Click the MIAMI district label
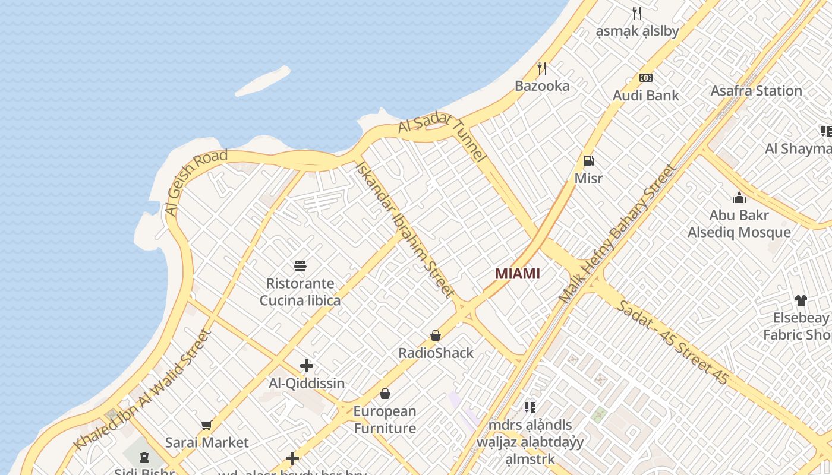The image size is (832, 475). [x=518, y=274]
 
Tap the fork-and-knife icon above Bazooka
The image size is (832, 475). [x=541, y=68]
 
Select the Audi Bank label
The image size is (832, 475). [x=645, y=95]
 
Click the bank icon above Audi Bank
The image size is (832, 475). [x=645, y=78]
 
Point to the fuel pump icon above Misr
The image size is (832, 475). [x=588, y=160]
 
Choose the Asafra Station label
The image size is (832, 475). [x=756, y=91]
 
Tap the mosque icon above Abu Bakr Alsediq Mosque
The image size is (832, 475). [x=739, y=198]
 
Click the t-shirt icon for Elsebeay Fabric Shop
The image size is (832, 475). [x=801, y=300]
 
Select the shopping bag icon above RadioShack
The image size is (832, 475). [x=436, y=335]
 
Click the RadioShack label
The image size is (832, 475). [x=436, y=353]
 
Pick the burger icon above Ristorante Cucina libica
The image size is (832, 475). [x=300, y=265]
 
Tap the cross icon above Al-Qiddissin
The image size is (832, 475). [x=306, y=366]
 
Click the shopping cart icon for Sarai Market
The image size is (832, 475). [x=206, y=425]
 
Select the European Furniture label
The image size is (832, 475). [x=385, y=419]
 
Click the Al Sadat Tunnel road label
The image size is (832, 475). [x=442, y=136]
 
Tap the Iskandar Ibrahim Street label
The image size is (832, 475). [x=404, y=229]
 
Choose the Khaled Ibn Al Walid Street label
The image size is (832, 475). [x=143, y=389]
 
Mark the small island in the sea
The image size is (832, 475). [x=263, y=81]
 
